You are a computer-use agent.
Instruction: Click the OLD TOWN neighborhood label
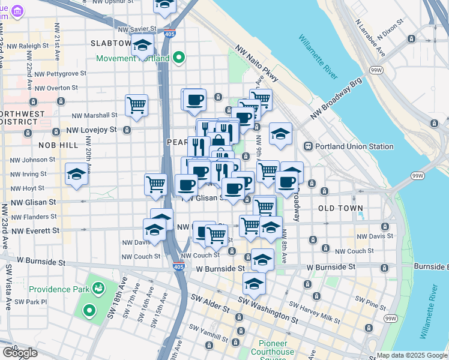click(340, 208)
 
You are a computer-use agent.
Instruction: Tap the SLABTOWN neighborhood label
click(110, 44)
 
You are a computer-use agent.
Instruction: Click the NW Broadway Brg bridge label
click(337, 98)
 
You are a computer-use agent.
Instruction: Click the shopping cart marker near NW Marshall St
click(137, 106)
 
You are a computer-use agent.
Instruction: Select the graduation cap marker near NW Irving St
click(77, 175)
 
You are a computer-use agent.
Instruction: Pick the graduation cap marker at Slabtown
click(143, 46)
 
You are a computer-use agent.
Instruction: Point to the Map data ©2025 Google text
click(412, 355)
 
